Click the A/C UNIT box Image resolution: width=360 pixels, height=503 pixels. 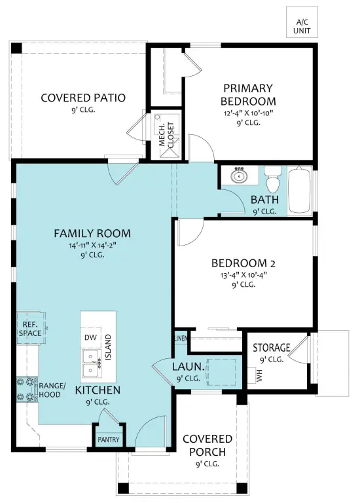[x=302, y=22]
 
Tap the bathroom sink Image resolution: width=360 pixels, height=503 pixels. [x=238, y=174]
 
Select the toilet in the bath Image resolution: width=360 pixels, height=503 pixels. [x=273, y=178]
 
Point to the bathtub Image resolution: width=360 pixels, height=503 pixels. [x=299, y=190]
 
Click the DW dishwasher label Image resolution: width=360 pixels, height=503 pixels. [x=90, y=337]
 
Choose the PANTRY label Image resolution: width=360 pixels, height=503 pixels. [x=109, y=439]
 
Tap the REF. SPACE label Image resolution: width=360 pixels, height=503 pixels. [x=30, y=329]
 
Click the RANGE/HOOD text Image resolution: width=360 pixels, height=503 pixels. [x=52, y=390]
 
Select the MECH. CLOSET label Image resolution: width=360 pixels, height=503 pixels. [x=167, y=135]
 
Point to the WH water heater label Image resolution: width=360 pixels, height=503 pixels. [x=259, y=375]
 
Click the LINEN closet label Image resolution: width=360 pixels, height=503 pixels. [x=181, y=338]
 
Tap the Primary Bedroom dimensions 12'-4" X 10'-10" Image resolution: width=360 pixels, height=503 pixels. [x=248, y=113]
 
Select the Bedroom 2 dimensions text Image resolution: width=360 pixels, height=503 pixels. [x=243, y=274]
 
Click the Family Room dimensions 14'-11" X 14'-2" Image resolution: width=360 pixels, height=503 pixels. [x=92, y=246]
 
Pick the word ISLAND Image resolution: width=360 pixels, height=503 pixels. [x=108, y=347]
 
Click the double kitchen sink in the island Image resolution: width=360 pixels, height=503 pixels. [x=93, y=363]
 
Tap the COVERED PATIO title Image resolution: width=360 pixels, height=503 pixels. [x=83, y=98]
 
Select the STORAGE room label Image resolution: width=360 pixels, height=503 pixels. [x=271, y=347]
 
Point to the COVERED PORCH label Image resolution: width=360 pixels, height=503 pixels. [x=207, y=445]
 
